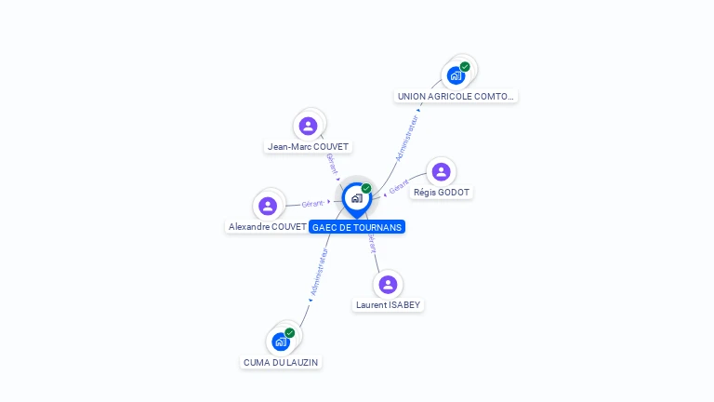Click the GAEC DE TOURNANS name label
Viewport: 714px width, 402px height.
click(x=357, y=227)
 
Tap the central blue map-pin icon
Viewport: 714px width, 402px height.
click(x=356, y=198)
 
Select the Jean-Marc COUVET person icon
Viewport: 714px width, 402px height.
click(x=309, y=126)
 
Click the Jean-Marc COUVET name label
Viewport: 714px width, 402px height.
click(x=308, y=147)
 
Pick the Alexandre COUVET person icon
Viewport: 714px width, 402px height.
click(x=268, y=206)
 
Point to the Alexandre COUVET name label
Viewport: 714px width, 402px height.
click(x=268, y=227)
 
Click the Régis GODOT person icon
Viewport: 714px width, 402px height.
click(x=441, y=171)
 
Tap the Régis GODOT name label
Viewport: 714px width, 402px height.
click(x=443, y=193)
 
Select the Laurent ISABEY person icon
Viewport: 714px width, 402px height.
click(x=388, y=284)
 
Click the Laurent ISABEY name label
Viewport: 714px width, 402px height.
click(x=389, y=305)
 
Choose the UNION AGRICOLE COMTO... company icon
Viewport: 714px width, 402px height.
click(x=456, y=75)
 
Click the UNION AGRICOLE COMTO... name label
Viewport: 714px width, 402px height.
click(x=456, y=97)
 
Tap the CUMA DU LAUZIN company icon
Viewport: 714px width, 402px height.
click(x=281, y=342)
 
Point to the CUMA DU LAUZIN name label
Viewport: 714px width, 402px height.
click(x=281, y=362)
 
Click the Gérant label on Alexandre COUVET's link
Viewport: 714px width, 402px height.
click(x=313, y=204)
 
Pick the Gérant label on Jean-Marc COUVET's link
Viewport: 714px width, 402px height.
click(x=333, y=162)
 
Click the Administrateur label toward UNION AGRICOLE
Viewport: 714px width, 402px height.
click(x=407, y=139)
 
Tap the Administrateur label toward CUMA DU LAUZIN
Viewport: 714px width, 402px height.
click(x=320, y=273)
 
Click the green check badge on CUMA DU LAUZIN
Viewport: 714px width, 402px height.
click(x=290, y=332)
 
